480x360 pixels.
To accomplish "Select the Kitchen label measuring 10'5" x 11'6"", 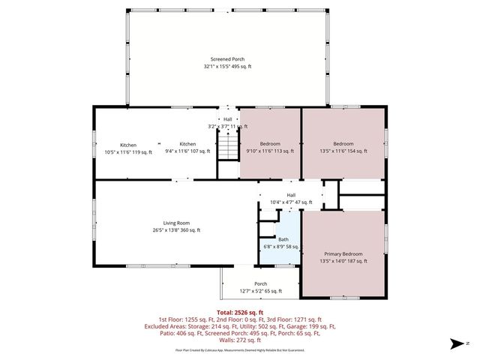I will point(128,145).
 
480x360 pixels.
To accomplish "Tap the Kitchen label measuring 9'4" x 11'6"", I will point(187,144).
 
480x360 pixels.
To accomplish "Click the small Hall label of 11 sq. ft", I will point(227,119).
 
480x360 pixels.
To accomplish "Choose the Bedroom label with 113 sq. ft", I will point(270,144).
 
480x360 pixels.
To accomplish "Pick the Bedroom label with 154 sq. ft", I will point(343,144).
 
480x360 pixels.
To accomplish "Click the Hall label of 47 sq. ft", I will point(290,195).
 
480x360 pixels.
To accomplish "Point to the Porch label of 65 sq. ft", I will point(260,283).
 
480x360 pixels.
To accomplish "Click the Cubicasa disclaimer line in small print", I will point(240,350).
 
